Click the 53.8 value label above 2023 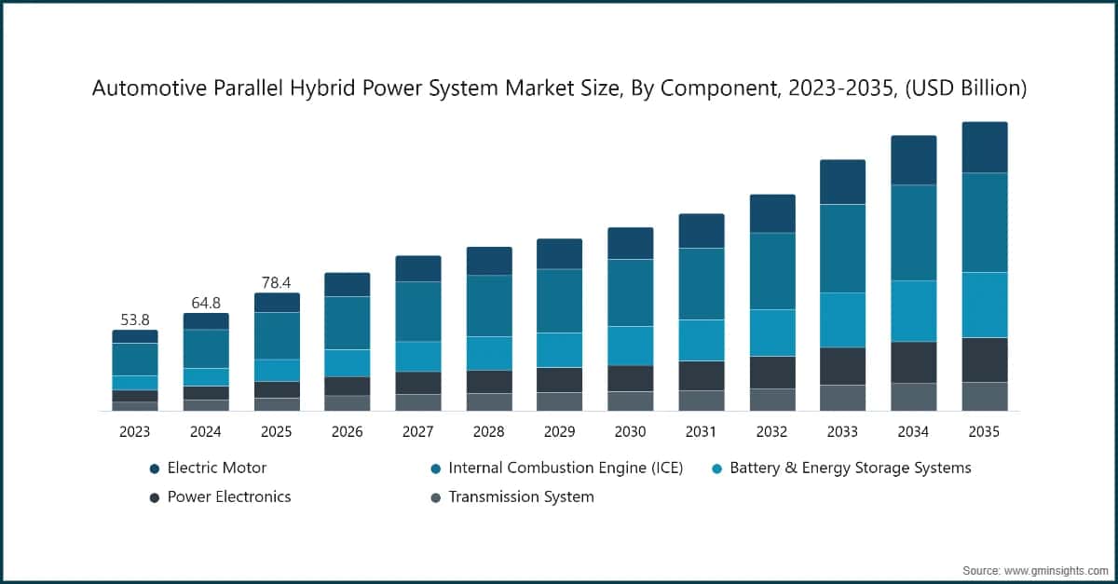click(x=135, y=319)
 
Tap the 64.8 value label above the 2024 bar click(x=206, y=303)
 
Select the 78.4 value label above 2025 click(x=277, y=282)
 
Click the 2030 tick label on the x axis click(x=630, y=432)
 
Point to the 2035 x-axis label click(x=984, y=432)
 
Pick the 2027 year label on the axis click(x=417, y=432)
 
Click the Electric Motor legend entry click(x=216, y=468)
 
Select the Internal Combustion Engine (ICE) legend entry click(x=565, y=468)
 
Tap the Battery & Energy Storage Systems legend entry click(x=850, y=468)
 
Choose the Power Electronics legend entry click(x=228, y=496)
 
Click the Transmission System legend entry click(x=520, y=496)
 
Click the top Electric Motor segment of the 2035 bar click(x=985, y=147)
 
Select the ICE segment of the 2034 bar click(x=914, y=233)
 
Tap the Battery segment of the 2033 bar click(x=843, y=319)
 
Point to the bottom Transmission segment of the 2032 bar click(x=772, y=400)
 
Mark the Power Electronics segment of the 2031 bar click(x=702, y=375)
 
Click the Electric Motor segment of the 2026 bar click(x=348, y=284)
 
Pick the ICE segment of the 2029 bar click(x=560, y=301)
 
